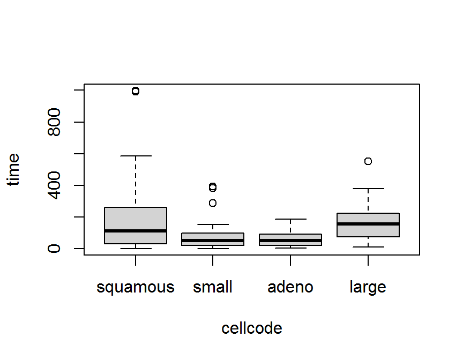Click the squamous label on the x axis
click(x=135, y=288)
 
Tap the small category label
click(x=213, y=288)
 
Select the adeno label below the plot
click(x=290, y=288)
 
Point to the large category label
click(x=368, y=288)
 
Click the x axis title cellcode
click(x=251, y=328)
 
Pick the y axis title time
click(x=14, y=169)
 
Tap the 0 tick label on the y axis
click(x=54, y=249)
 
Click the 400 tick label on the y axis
click(x=54, y=185)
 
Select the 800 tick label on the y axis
click(x=54, y=122)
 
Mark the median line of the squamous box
click(x=135, y=231)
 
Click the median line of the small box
click(x=213, y=241)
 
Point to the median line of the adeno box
click(x=290, y=241)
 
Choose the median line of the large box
click(x=368, y=224)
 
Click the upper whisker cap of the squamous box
click(x=135, y=156)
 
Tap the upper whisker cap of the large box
click(x=368, y=189)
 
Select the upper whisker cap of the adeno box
click(x=290, y=219)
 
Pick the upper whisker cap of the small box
click(x=213, y=224)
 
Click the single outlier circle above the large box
click(x=368, y=161)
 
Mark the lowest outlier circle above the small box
click(x=213, y=203)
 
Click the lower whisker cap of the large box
click(x=368, y=247)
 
